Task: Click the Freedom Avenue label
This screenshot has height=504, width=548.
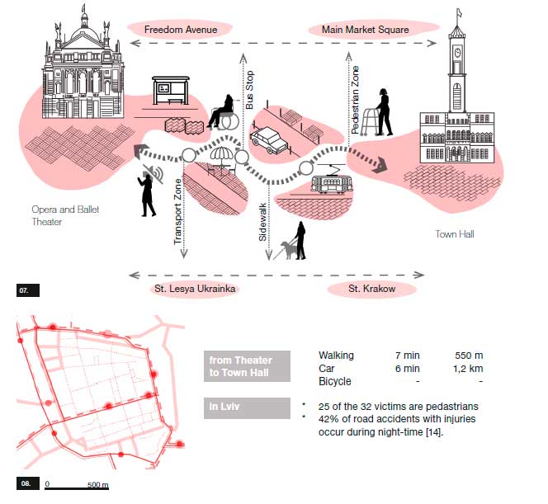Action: tap(180, 30)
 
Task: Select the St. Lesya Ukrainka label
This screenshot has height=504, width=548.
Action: tap(196, 289)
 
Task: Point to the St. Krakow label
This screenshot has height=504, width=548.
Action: tap(371, 289)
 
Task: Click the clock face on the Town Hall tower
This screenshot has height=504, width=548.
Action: tap(457, 51)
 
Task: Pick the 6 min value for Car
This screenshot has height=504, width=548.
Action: tap(406, 369)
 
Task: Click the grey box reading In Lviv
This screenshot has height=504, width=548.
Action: tap(247, 407)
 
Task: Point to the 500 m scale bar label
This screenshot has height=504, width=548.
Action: tap(97, 485)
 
